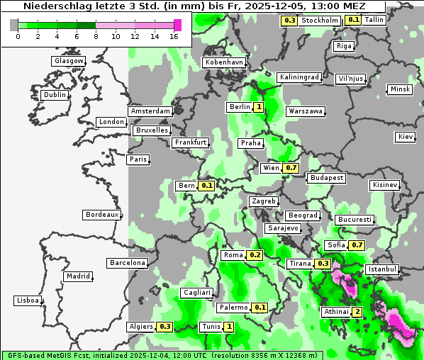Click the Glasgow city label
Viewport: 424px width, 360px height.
68,61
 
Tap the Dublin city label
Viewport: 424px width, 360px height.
54,95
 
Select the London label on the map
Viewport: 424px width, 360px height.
111,122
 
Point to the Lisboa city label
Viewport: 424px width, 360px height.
27,300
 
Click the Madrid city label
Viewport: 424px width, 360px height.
77,276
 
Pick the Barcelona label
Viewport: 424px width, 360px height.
128,263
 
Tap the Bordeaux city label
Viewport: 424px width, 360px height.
101,215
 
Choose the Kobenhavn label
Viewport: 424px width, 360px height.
223,62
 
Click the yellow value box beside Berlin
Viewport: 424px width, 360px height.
259,107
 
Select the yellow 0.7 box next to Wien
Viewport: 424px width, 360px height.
291,168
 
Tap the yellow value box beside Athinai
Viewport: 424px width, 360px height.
357,312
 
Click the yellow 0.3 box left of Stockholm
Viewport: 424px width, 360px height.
289,21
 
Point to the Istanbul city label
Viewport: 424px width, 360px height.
382,270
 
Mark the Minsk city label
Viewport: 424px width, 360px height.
399,89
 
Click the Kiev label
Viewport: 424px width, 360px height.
406,137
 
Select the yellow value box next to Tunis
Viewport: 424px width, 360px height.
228,327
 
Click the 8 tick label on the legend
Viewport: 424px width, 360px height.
96,35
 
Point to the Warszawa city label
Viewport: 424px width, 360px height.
306,111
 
